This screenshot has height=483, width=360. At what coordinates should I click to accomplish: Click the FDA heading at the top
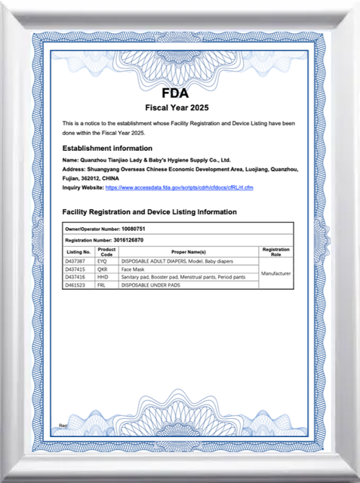pyautogui.click(x=180, y=94)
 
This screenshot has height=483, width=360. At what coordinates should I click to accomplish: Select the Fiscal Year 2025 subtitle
pyautogui.click(x=180, y=107)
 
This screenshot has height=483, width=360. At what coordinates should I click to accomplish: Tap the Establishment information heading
pyautogui.click(x=107, y=148)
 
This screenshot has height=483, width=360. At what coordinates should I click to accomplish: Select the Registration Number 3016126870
pyautogui.click(x=134, y=239)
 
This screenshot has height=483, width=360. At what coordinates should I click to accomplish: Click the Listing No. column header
pyautogui.click(x=78, y=251)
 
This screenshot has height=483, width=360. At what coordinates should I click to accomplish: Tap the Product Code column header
pyautogui.click(x=106, y=251)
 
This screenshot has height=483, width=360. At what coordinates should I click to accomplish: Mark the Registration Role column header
pyautogui.click(x=275, y=251)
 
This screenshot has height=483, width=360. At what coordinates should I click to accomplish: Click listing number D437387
pyautogui.click(x=75, y=260)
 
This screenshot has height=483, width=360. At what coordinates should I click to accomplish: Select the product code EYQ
pyautogui.click(x=103, y=260)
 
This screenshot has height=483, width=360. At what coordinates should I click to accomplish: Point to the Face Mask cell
pyautogui.click(x=134, y=269)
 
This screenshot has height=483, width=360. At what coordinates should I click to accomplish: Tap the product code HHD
pyautogui.click(x=103, y=277)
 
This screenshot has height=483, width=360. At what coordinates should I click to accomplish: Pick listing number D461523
pyautogui.click(x=75, y=285)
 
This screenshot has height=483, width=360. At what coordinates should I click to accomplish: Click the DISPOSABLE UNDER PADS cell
pyautogui.click(x=151, y=285)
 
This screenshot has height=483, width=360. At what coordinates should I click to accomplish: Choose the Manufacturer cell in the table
pyautogui.click(x=275, y=273)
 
